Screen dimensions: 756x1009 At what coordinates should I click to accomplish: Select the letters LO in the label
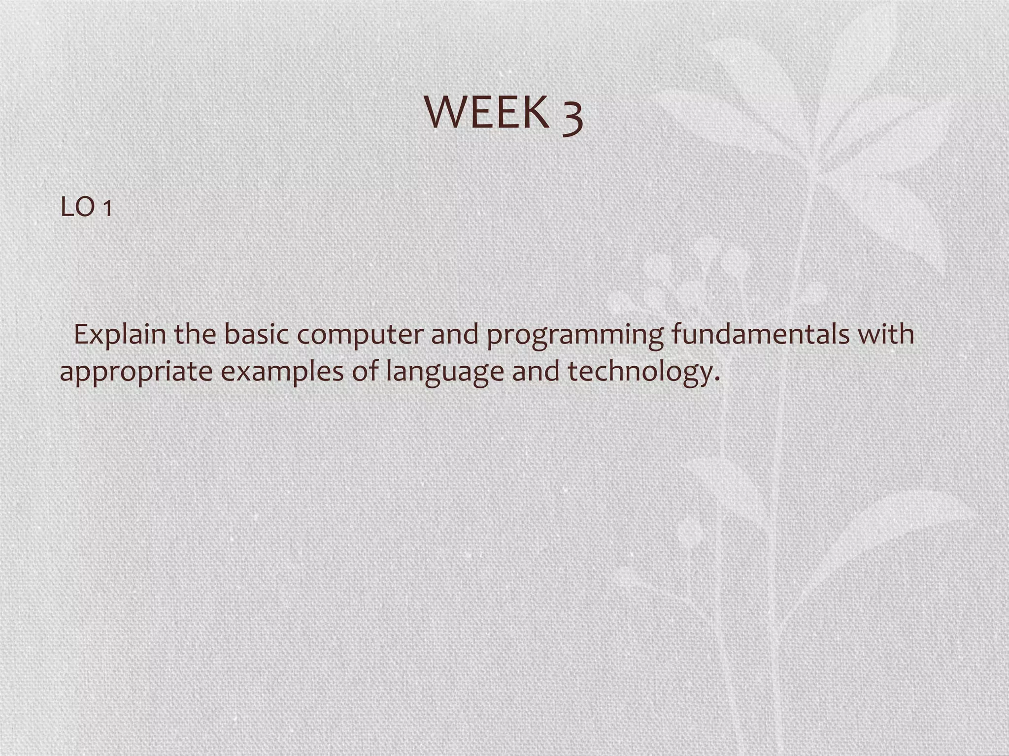pos(77,208)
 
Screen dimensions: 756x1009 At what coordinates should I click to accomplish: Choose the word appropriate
pos(136,372)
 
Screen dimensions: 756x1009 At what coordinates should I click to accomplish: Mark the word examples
pos(282,371)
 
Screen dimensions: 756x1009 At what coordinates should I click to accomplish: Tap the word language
pos(444,372)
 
